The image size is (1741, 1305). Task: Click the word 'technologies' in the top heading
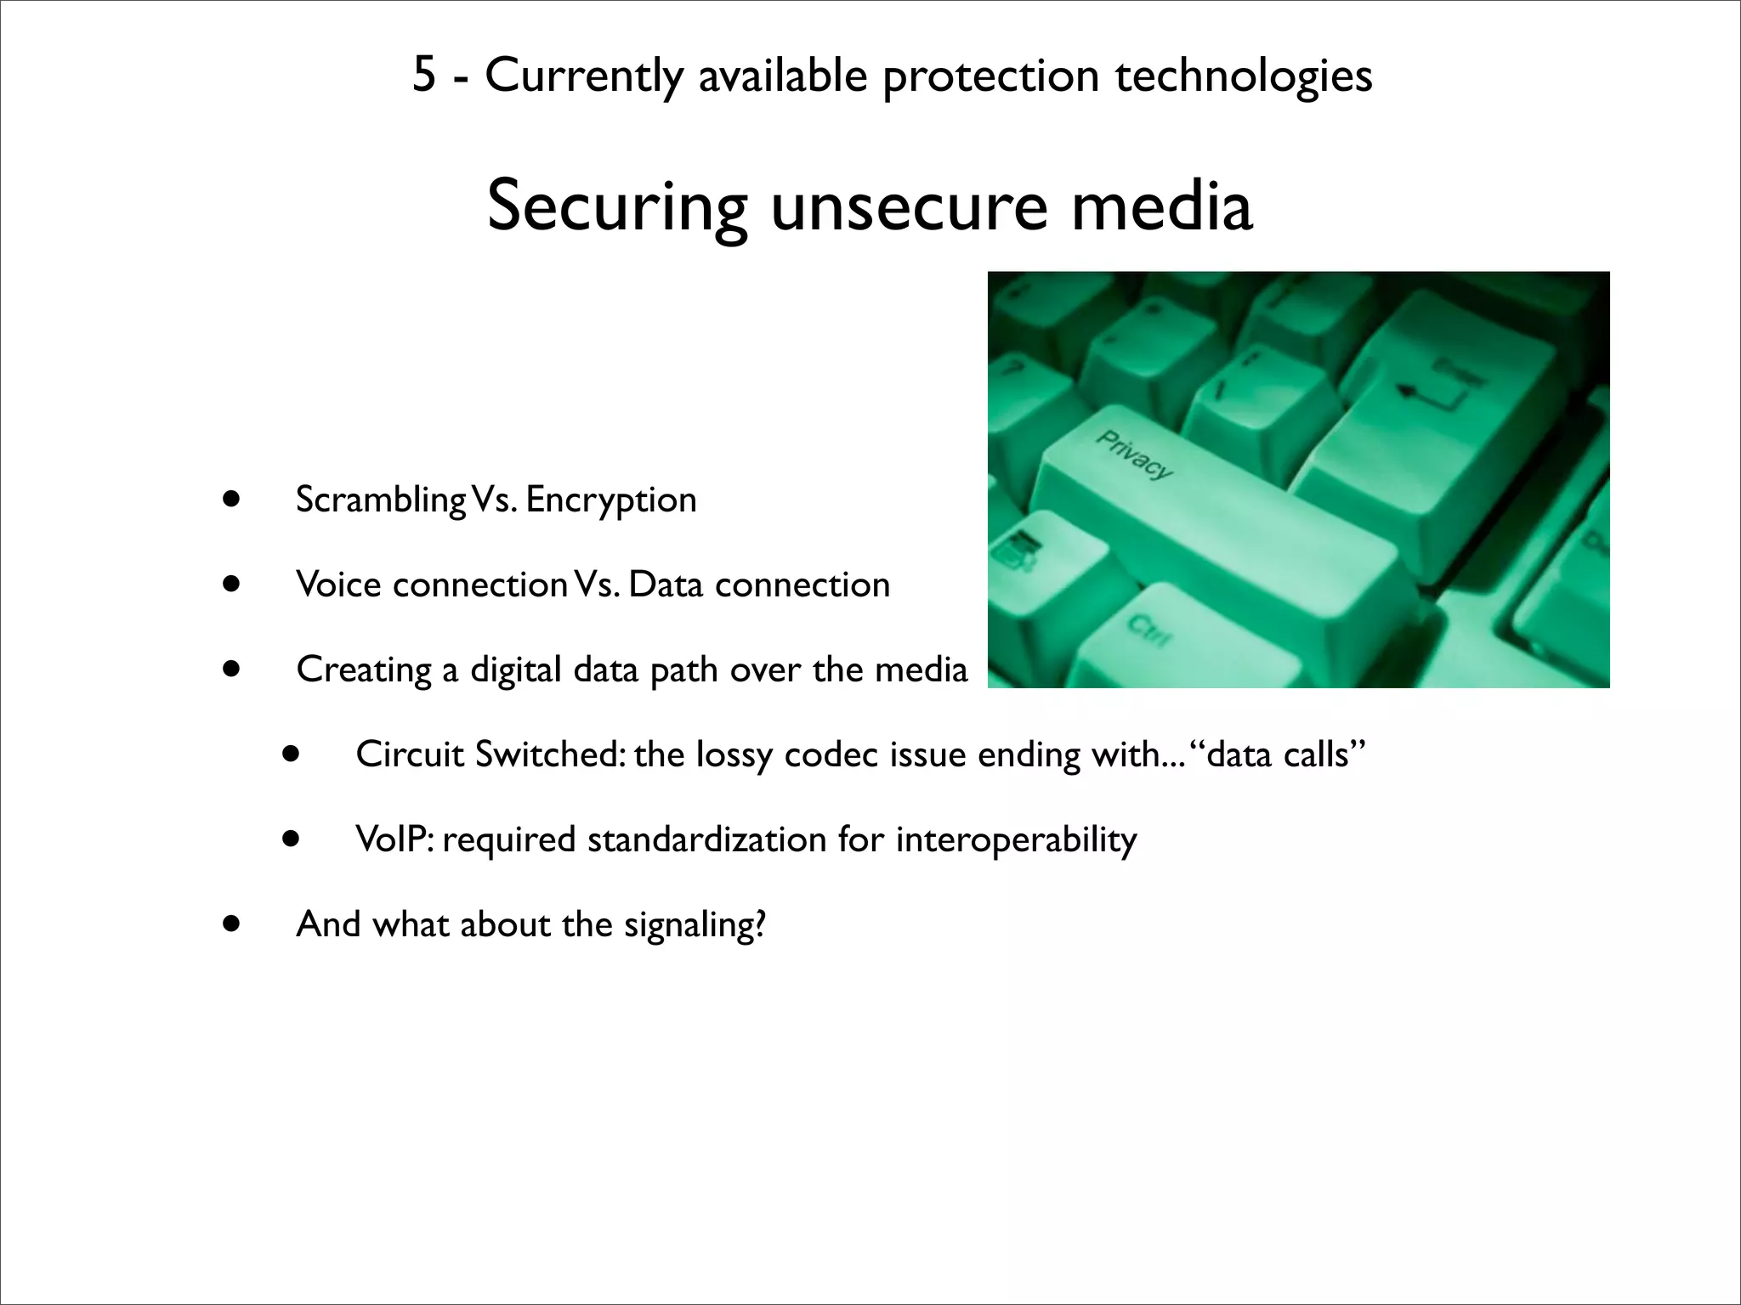(x=1243, y=76)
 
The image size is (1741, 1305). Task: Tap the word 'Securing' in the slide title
(x=617, y=207)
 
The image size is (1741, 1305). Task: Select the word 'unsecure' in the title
(x=909, y=207)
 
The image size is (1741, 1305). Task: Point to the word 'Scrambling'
(x=380, y=500)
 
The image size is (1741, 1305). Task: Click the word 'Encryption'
(x=611, y=500)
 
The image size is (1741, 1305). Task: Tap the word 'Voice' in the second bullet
(x=338, y=585)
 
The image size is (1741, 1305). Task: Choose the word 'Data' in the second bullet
(x=666, y=585)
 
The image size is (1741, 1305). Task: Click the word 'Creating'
(x=363, y=669)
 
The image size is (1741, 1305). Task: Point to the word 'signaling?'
(x=695, y=924)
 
